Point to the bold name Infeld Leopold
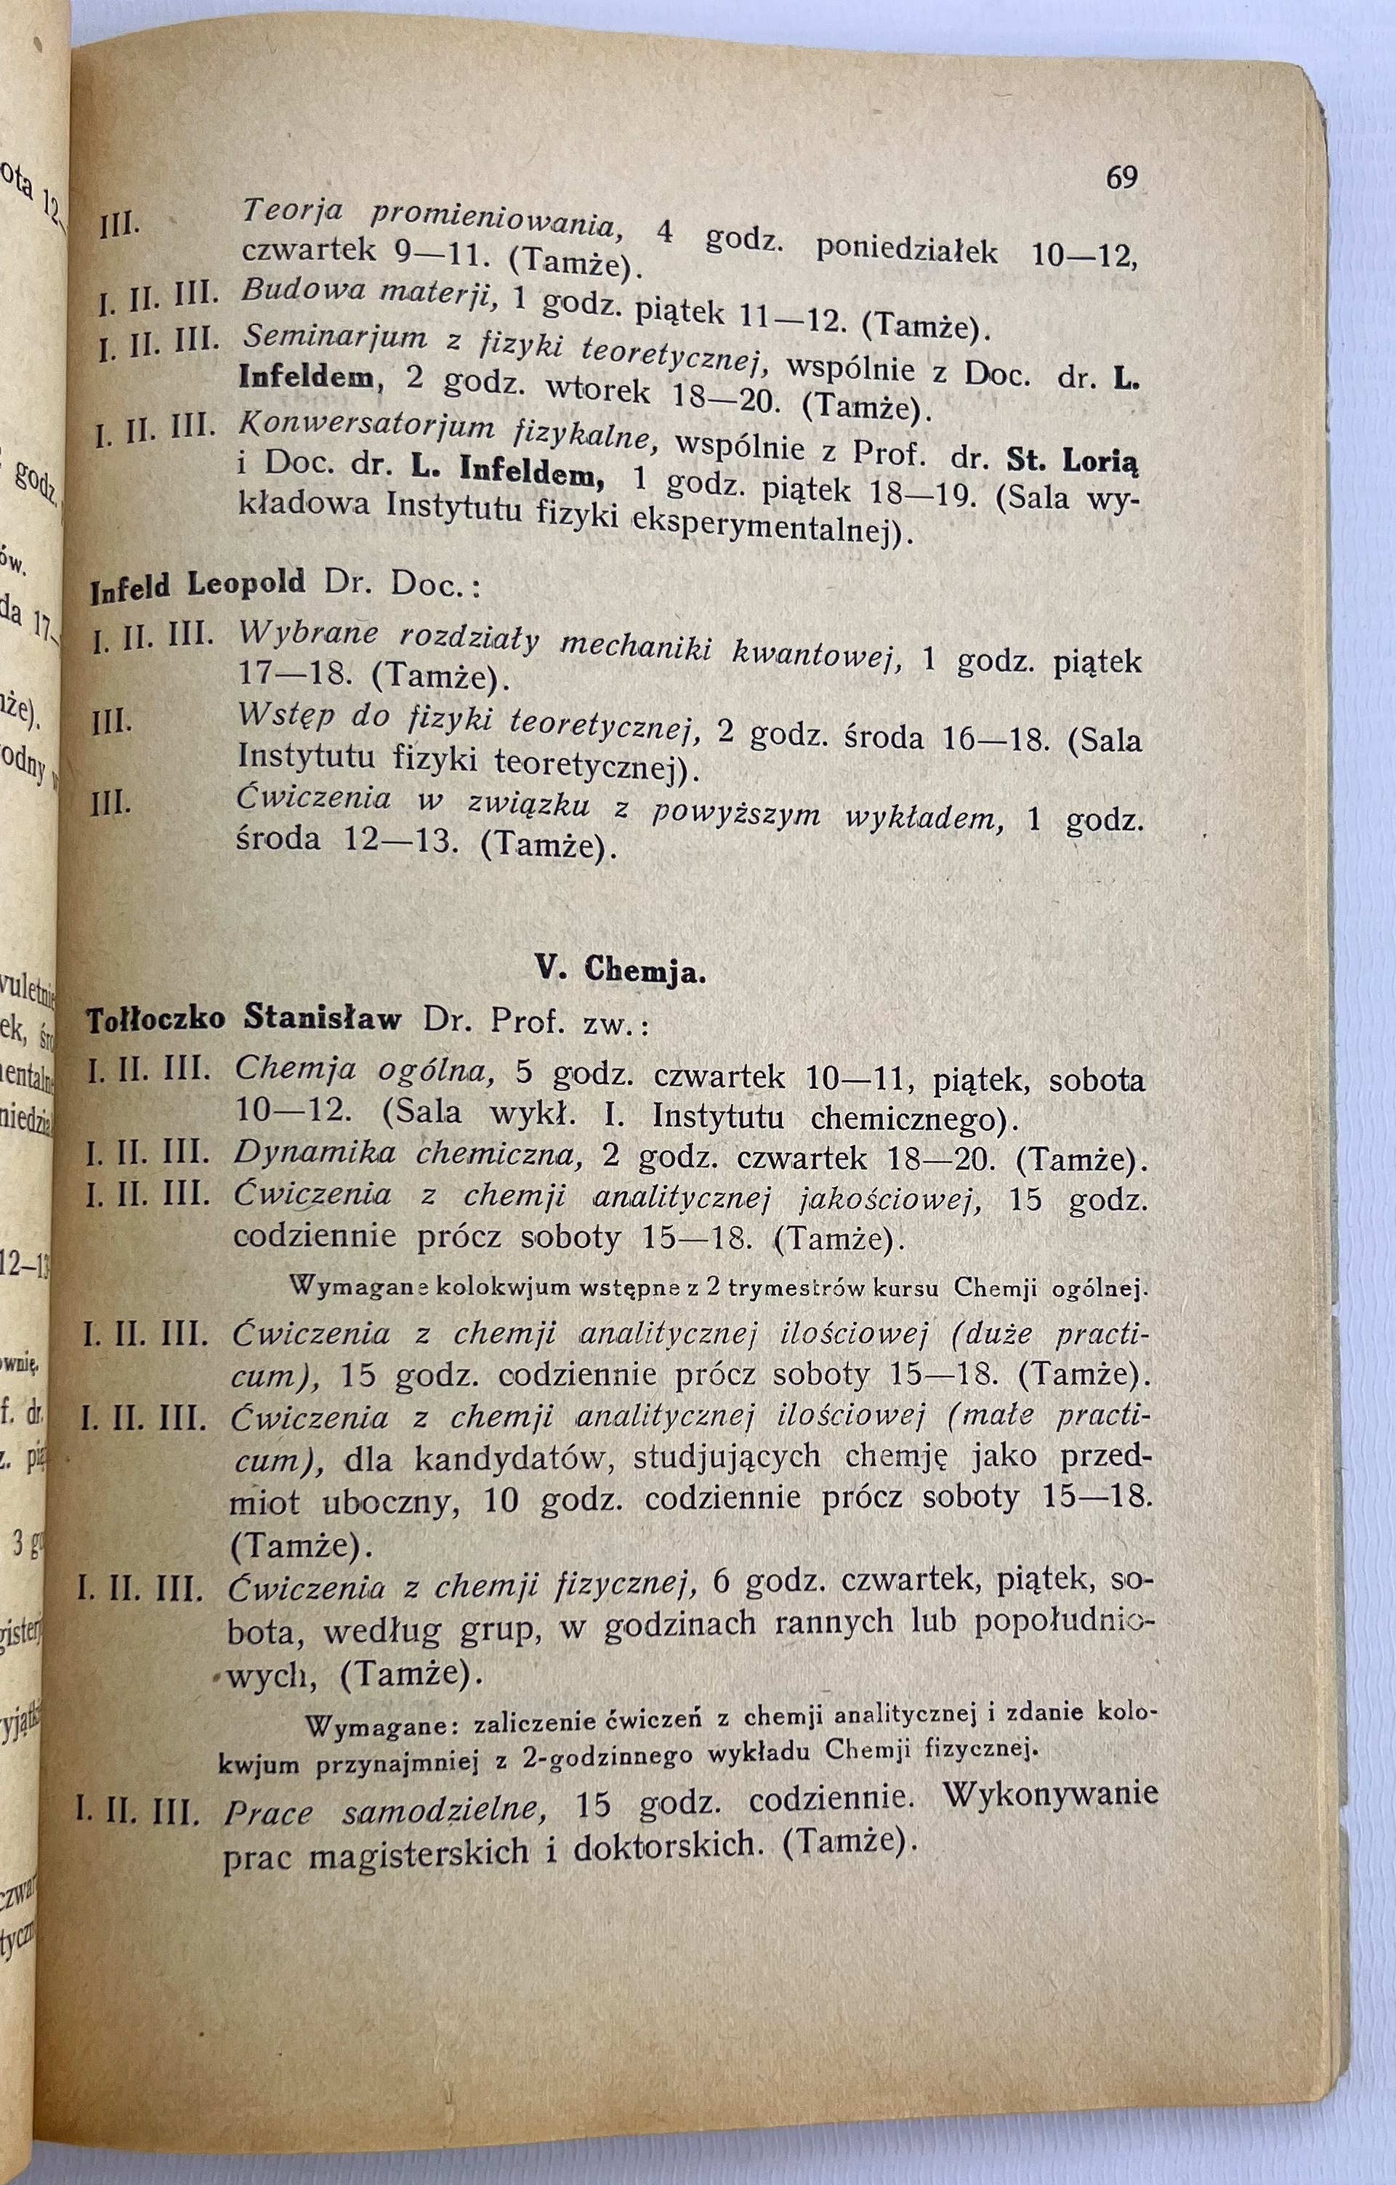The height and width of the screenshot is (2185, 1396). pos(198,584)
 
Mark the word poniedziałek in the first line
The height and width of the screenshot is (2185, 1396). pos(906,251)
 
